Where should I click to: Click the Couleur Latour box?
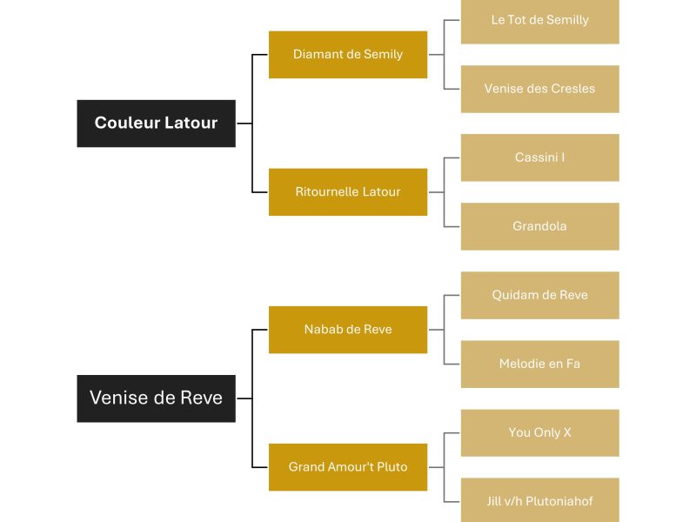click(156, 123)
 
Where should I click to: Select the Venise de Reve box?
click(156, 398)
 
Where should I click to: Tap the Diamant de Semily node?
click(348, 54)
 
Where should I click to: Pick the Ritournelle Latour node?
click(348, 191)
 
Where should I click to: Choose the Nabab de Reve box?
click(348, 329)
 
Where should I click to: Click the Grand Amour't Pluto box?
click(348, 467)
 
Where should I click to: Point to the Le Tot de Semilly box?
click(539, 20)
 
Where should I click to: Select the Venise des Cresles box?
click(539, 89)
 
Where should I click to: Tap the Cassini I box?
click(539, 157)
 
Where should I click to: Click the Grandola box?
click(539, 226)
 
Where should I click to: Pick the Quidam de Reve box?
click(539, 295)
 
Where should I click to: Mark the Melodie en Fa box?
click(539, 364)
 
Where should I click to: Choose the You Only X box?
click(539, 432)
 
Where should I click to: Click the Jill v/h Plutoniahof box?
click(539, 501)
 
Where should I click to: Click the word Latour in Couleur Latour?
click(189, 123)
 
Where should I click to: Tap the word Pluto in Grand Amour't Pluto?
click(391, 467)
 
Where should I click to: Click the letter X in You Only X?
click(567, 432)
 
